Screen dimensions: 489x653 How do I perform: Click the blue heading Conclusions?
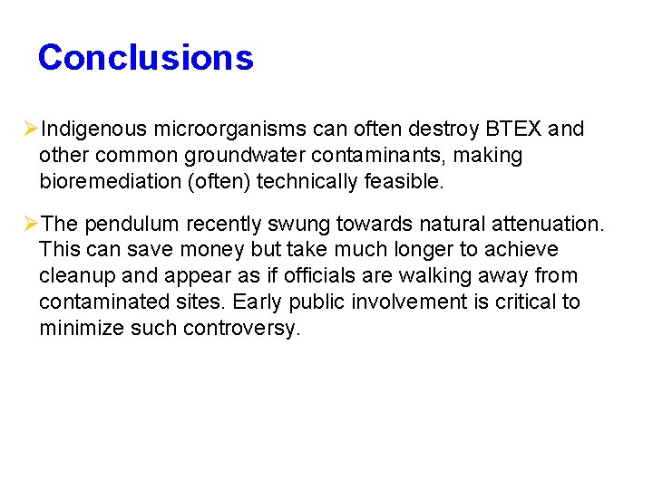[145, 57]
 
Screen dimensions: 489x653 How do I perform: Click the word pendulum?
[129, 223]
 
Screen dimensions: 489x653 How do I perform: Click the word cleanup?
[73, 275]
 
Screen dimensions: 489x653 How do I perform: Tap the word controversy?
[240, 328]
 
